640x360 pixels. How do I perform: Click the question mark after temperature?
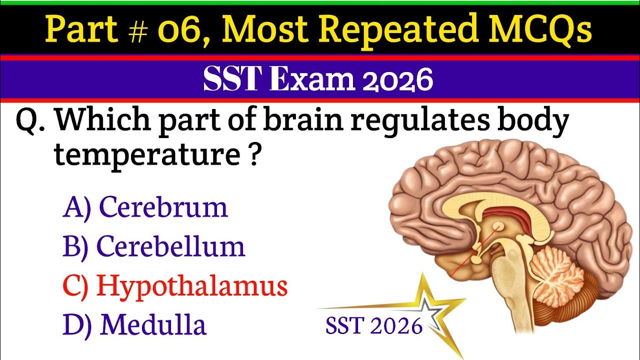coord(254,156)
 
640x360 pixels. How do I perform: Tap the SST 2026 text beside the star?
coord(373,326)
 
